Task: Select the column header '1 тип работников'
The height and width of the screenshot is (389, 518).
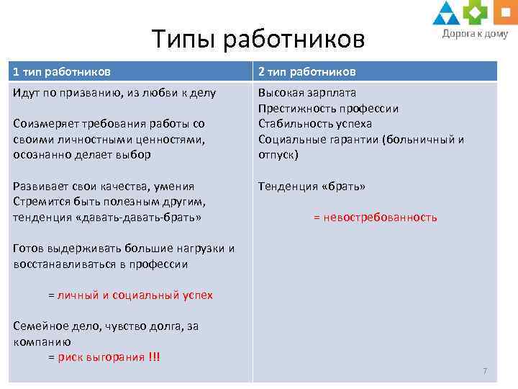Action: (62, 71)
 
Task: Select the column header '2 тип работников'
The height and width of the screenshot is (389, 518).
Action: (307, 71)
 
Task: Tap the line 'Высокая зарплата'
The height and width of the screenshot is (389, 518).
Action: (307, 93)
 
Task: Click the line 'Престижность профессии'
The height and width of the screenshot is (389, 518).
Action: (328, 109)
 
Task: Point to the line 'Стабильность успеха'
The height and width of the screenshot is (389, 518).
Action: (315, 124)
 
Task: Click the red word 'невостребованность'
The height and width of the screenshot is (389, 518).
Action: (381, 218)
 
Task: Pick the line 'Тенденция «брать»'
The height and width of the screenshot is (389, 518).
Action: (312, 187)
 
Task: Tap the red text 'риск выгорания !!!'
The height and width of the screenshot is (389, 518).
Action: (109, 357)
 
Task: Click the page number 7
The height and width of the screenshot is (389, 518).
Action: (485, 371)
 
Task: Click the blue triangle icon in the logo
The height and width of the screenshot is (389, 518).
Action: (446, 12)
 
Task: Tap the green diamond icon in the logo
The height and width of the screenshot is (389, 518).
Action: (474, 12)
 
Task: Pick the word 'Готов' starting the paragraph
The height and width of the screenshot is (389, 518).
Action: (28, 249)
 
